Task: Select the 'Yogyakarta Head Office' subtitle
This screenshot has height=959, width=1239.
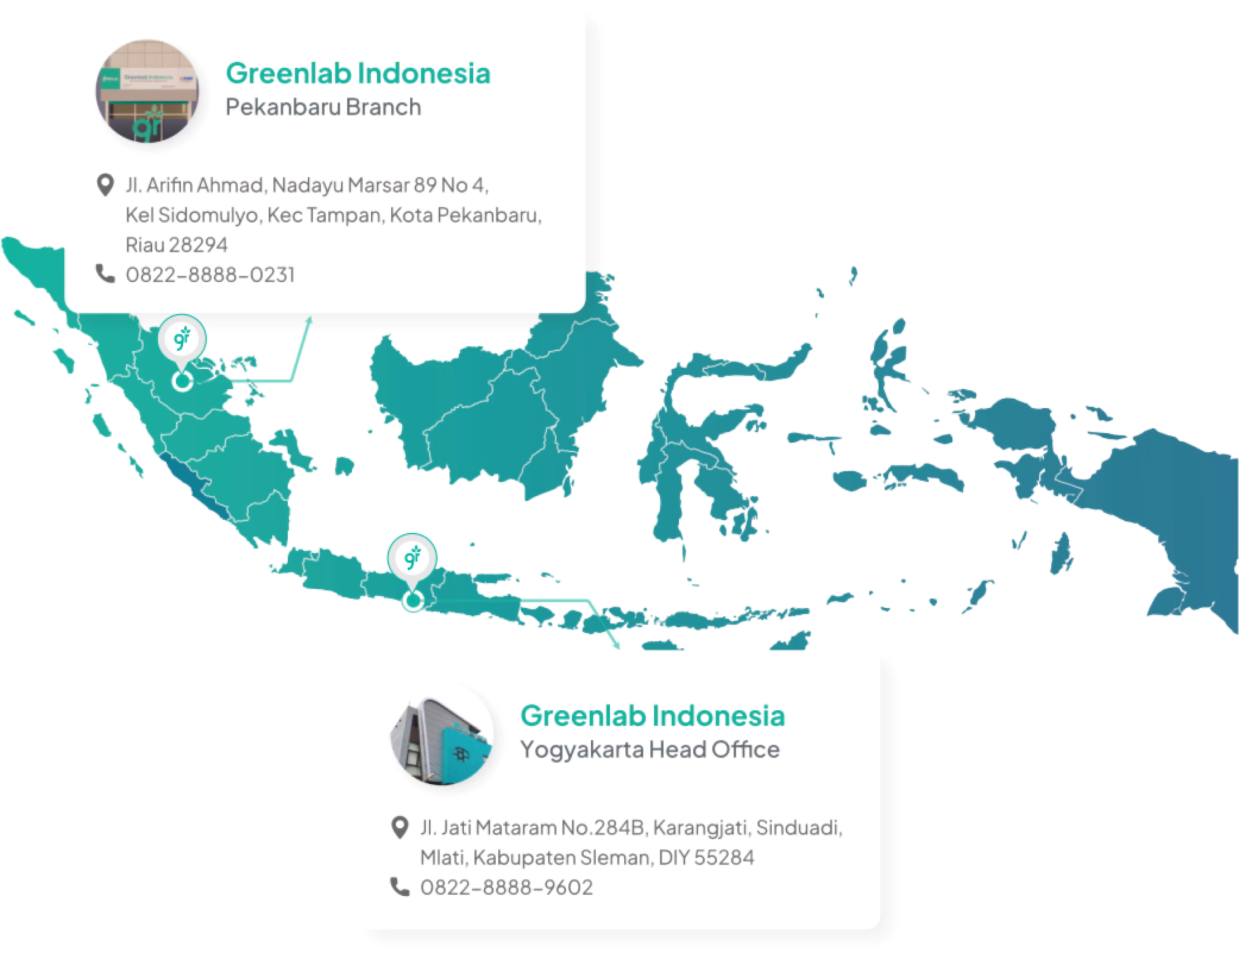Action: (x=650, y=750)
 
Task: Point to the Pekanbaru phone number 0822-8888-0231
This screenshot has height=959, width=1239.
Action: (x=210, y=275)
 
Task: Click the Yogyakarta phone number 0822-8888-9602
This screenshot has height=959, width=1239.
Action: (x=506, y=887)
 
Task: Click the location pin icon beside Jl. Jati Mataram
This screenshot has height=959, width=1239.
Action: (x=400, y=827)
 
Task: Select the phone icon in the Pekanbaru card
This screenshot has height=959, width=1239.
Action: (x=105, y=274)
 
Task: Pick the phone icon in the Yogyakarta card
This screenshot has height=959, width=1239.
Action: (x=400, y=886)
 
